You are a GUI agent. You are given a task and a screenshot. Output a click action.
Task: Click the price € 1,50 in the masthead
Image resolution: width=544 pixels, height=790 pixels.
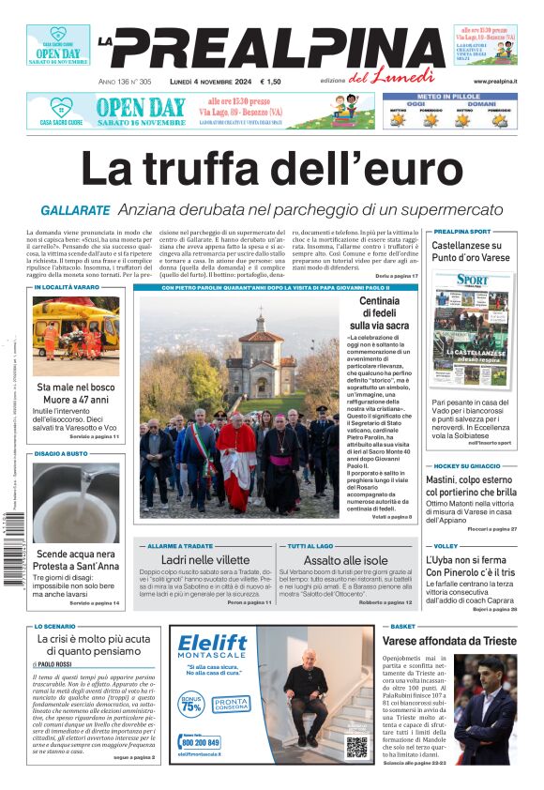tap(270, 82)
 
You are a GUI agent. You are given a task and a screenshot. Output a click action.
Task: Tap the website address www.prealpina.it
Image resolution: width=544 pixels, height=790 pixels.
tap(495, 82)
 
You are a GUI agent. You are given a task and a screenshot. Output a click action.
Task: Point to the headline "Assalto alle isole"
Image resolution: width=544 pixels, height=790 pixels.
tap(345, 559)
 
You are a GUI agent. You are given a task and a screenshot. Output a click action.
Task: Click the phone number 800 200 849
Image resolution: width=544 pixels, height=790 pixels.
tap(200, 742)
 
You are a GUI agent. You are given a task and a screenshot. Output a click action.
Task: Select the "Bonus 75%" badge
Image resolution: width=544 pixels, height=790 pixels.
tap(191, 703)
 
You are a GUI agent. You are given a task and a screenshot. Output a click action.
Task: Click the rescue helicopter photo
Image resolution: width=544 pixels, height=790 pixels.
tap(76, 336)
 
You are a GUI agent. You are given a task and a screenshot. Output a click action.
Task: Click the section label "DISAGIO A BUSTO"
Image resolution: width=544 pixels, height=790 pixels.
tap(61, 454)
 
